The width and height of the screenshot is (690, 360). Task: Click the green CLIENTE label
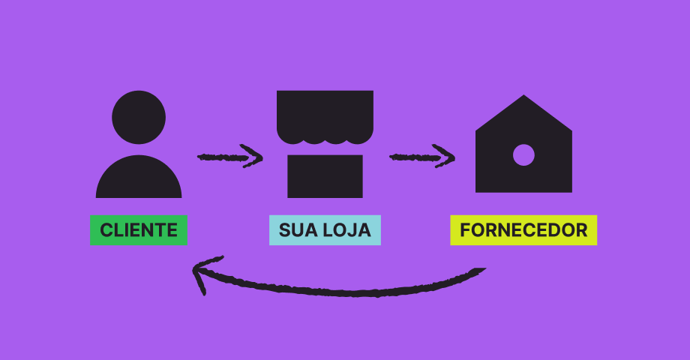(139, 230)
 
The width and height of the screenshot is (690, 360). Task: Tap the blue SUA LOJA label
(325, 230)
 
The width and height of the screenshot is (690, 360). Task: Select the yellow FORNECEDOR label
(523, 230)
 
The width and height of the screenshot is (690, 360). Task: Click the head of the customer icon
(139, 118)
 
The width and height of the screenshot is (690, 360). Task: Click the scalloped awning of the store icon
(325, 117)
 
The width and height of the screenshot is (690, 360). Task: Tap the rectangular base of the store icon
(325, 176)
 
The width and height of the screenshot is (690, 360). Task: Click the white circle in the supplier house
(523, 155)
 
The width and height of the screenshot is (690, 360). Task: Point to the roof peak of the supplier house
(523, 95)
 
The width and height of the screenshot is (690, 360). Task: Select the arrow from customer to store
(229, 157)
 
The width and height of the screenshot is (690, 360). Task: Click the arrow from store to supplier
(422, 157)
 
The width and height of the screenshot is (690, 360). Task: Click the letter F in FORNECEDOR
(466, 230)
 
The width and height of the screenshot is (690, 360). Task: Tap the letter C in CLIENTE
(106, 230)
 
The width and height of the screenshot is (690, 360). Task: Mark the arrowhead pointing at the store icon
(253, 156)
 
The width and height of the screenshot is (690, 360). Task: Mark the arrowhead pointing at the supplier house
(445, 156)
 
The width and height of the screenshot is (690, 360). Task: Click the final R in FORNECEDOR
(581, 230)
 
